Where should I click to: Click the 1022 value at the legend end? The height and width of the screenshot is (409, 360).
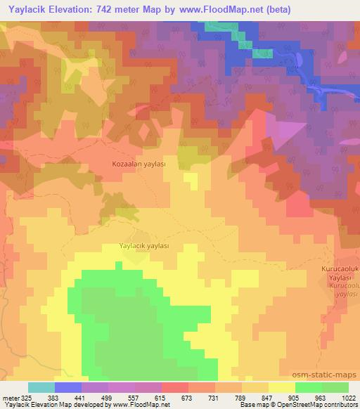click(347, 397)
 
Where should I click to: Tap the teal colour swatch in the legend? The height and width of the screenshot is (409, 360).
click(41, 387)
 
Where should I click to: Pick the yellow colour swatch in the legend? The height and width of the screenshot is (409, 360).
click(281, 387)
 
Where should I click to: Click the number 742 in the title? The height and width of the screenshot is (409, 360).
click(117, 10)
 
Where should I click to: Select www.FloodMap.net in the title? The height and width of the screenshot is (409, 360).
click(216, 10)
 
